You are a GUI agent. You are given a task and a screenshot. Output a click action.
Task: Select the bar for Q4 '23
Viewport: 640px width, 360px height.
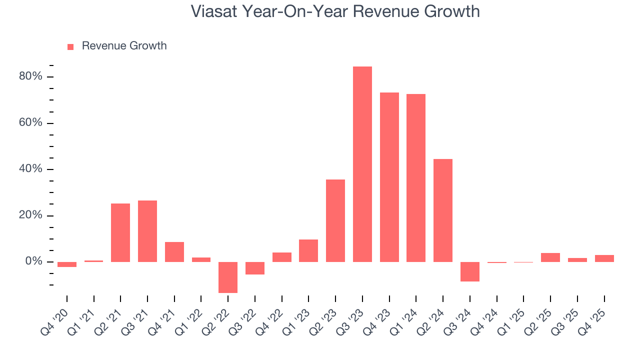(389, 177)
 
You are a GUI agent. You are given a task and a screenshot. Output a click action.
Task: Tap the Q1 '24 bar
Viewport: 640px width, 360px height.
(416, 178)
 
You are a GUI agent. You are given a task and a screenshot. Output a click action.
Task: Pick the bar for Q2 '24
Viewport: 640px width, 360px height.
(443, 210)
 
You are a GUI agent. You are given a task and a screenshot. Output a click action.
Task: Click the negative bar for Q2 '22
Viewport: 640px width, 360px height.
(228, 277)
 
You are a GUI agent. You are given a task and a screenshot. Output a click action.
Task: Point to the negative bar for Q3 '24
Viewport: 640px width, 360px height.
(470, 271)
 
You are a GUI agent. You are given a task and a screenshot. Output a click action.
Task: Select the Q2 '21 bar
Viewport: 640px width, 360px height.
(120, 232)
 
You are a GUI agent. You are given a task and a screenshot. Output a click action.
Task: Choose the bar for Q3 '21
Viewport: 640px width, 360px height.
(147, 231)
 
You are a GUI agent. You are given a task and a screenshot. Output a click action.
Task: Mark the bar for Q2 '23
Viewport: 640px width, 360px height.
(335, 220)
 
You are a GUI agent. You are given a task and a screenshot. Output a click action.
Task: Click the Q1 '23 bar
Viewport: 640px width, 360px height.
(308, 250)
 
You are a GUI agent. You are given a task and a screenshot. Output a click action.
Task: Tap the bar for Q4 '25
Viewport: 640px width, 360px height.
(604, 258)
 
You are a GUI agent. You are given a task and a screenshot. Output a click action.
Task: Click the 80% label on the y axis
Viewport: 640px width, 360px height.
(31, 76)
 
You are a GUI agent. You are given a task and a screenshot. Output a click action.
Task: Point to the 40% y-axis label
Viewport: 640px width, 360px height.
(31, 169)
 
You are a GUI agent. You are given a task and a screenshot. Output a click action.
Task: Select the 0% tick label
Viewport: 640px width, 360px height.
(34, 261)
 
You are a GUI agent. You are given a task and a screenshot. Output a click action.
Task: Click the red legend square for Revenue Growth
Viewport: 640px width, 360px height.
(70, 46)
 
